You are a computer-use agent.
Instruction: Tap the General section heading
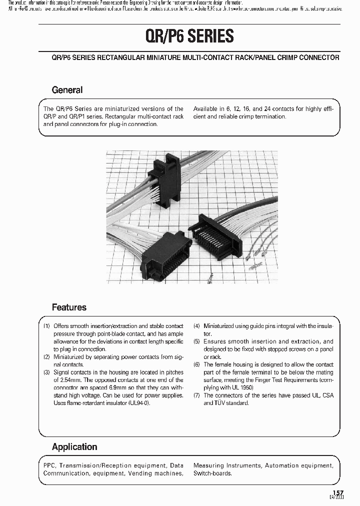click(67, 90)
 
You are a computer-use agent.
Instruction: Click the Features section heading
click(69, 307)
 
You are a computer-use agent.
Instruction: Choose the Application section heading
click(74, 446)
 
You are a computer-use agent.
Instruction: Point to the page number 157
click(338, 492)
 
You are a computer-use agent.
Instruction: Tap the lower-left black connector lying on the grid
click(159, 254)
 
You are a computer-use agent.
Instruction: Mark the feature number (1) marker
click(46, 326)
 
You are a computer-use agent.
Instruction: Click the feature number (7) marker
click(196, 395)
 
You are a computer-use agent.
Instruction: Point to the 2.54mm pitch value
click(65, 380)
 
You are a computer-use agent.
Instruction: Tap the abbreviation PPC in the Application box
click(49, 465)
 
